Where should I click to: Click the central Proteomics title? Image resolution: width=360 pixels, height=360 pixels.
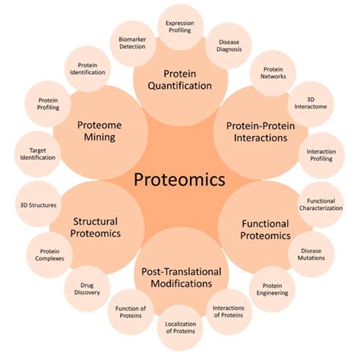[179, 181]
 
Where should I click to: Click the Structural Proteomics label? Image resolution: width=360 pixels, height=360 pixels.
[96, 228]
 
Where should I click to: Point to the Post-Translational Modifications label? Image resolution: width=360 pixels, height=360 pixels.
[179, 276]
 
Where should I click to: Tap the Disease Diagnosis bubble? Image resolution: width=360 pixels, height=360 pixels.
[229, 47]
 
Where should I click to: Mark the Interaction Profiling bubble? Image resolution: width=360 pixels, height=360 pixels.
[321, 156]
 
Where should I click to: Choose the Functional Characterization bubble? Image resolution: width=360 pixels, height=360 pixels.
[320, 204]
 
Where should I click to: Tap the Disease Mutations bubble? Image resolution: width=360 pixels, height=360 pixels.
[311, 253]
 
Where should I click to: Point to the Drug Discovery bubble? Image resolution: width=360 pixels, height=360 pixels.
[88, 291]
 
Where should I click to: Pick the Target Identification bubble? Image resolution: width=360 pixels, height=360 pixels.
[38, 155]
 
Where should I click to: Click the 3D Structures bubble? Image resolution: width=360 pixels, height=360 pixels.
[37, 204]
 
